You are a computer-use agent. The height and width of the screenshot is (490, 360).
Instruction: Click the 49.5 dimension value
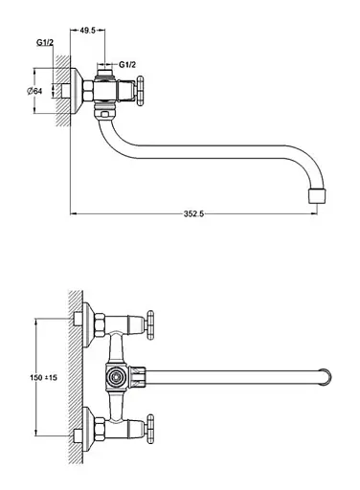coord(87,31)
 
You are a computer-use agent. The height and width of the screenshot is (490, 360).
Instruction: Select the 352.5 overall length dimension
coord(193,213)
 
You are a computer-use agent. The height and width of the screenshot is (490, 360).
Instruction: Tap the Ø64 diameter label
coord(34,91)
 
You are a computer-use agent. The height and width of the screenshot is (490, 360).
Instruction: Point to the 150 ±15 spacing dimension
coord(43,378)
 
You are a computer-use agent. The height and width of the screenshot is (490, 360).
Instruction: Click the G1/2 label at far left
coord(45,42)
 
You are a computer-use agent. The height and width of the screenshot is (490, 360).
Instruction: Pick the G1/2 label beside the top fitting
coord(127,65)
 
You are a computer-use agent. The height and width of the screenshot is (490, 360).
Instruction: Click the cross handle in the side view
coord(140,91)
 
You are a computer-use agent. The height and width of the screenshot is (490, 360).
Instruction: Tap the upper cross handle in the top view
coord(149,325)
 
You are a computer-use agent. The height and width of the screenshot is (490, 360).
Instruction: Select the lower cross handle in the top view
coord(149,429)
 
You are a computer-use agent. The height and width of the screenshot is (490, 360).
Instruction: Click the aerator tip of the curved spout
coord(317,196)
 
